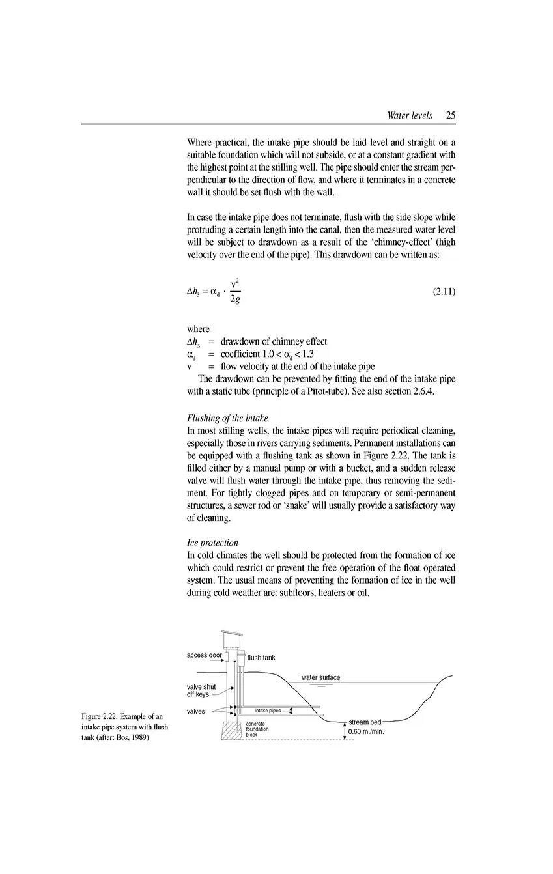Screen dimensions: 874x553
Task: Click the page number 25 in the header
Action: [x=450, y=115]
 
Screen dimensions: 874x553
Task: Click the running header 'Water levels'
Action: [x=409, y=115]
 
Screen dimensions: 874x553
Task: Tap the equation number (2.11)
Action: [x=444, y=291]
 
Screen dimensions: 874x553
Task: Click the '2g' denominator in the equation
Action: [x=234, y=302]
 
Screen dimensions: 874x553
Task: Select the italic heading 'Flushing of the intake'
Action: [x=227, y=418]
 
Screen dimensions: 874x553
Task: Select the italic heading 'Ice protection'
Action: [x=212, y=543]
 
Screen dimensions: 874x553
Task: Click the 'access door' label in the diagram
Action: [x=205, y=655]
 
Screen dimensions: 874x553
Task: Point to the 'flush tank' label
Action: [x=261, y=658]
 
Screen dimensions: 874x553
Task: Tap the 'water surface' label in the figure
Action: [x=320, y=677]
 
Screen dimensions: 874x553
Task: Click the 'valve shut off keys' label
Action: [x=201, y=690]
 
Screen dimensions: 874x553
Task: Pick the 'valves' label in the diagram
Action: [x=196, y=711]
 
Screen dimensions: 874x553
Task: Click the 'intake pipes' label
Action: [x=268, y=711]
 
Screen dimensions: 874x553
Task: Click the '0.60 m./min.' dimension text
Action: [x=366, y=732]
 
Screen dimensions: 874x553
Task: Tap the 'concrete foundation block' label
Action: [x=257, y=729]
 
